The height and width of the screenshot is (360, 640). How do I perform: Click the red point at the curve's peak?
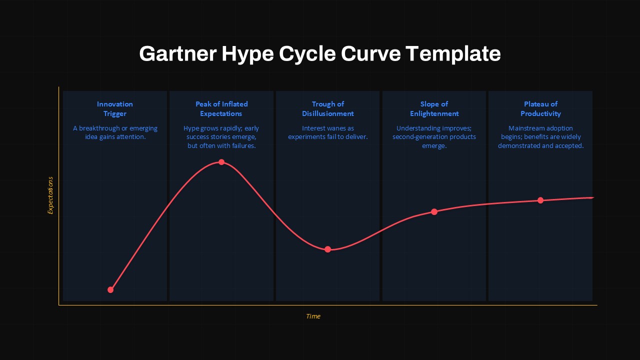click(221, 162)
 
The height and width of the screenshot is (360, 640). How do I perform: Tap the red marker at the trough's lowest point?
click(328, 249)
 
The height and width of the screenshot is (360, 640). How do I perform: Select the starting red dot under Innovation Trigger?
click(110, 289)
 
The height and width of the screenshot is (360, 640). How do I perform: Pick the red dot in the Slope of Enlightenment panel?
click(434, 211)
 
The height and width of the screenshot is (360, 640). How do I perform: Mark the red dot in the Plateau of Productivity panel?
click(540, 200)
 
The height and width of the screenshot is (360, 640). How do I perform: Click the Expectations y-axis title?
click(50, 195)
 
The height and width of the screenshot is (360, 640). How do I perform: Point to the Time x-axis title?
click(313, 316)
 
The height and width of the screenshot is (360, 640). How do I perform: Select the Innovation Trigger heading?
click(115, 108)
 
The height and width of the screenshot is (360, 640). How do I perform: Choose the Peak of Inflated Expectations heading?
click(221, 108)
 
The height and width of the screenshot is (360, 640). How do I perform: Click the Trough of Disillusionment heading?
click(328, 108)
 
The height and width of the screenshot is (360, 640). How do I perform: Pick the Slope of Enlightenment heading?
click(434, 108)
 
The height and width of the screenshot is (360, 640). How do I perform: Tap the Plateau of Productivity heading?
click(540, 108)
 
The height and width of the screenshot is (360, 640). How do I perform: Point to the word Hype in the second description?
click(191, 128)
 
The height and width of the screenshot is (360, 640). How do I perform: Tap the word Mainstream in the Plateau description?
click(525, 128)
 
